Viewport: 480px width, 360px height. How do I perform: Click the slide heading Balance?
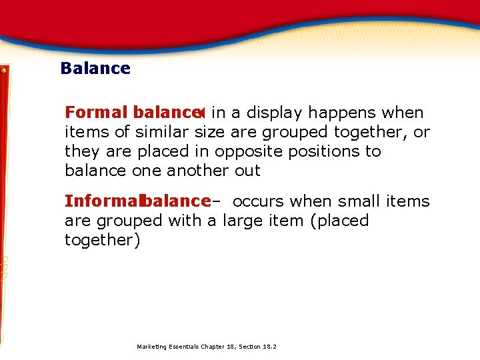pos(95,68)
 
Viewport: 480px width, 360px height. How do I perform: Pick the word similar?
pos(163,133)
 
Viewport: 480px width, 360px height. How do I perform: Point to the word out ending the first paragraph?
pos(247,171)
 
